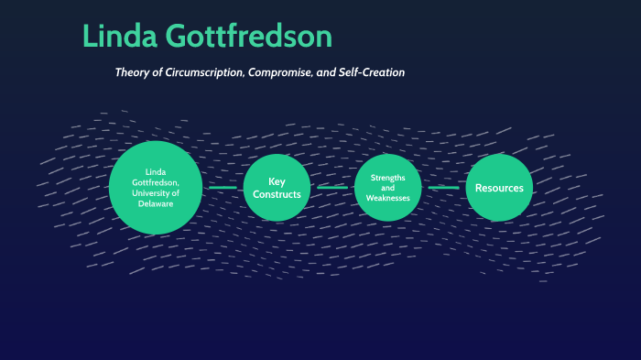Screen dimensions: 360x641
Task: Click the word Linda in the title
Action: [121, 37]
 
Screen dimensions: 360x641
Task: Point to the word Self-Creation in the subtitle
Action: [370, 71]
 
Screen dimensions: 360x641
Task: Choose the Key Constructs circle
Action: [277, 188]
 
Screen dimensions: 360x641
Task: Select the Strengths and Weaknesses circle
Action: [387, 187]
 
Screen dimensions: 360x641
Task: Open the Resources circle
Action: [499, 188]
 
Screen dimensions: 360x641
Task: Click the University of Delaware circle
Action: [155, 187]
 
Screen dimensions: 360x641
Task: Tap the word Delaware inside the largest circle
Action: [155, 203]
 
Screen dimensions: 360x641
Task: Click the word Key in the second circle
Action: [277, 181]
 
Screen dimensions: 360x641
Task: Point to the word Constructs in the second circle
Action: [277, 194]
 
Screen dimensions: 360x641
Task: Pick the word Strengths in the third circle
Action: [387, 176]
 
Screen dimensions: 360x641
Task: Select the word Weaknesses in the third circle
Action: [387, 198]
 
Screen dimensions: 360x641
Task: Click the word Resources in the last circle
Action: [499, 188]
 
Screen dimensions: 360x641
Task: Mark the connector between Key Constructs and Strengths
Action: [332, 188]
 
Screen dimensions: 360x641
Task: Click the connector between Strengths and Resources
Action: [443, 188]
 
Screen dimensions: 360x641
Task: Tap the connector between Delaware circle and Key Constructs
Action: [223, 188]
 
